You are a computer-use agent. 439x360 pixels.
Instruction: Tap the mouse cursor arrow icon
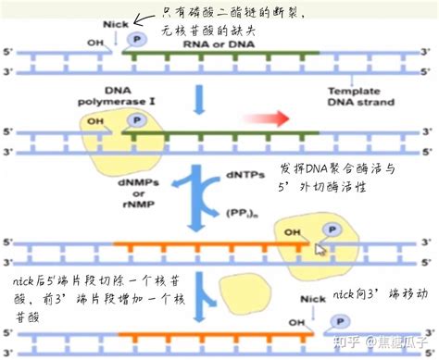pos(320,248)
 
